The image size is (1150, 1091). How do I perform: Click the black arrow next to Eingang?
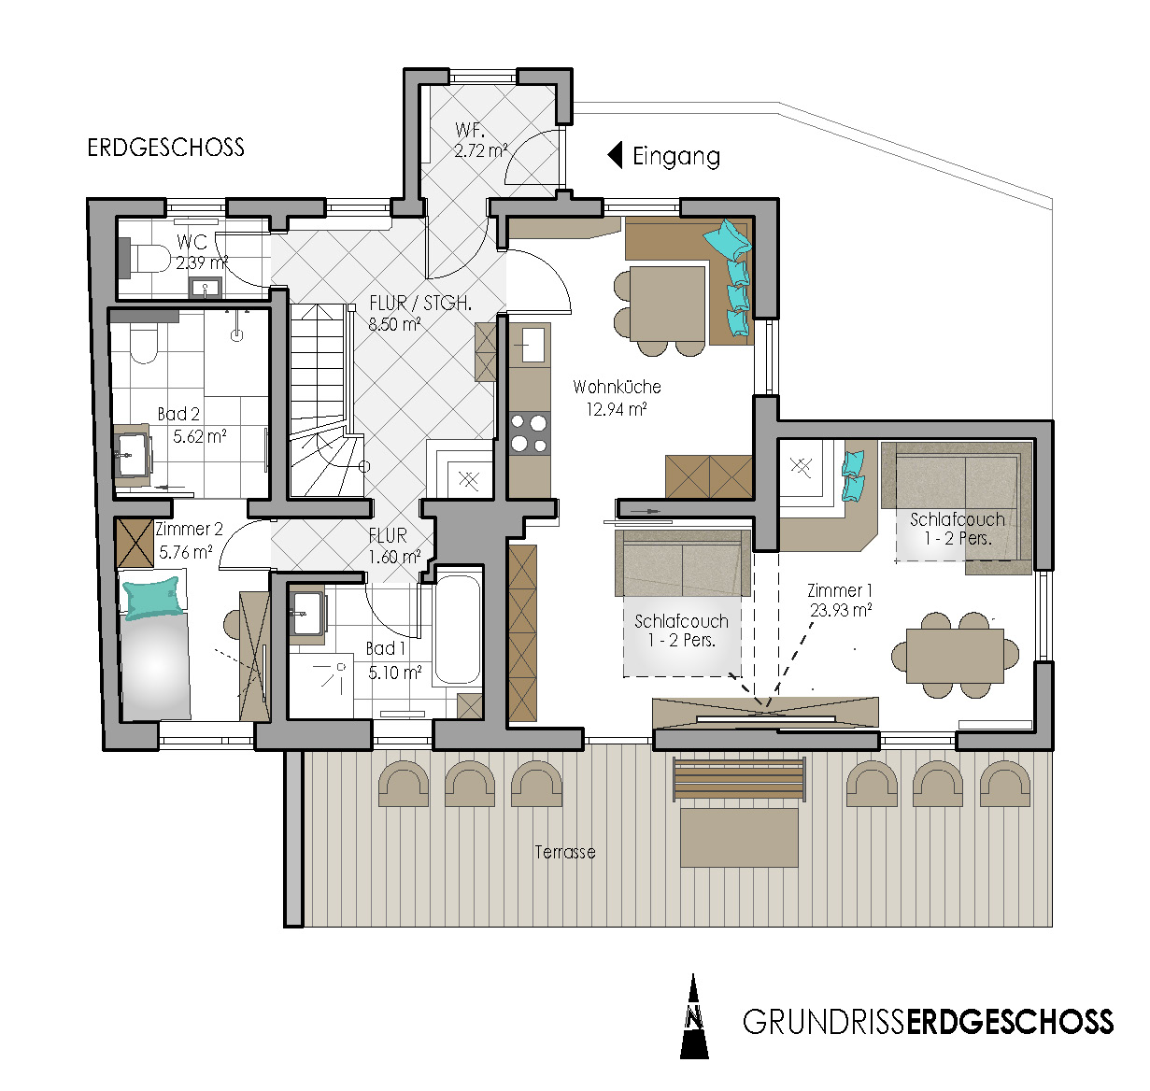pos(615,156)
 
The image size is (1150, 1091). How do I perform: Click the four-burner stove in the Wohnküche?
pos(529,432)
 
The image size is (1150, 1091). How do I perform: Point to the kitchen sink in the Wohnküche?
pos(533,345)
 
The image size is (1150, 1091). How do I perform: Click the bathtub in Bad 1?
pos(458,624)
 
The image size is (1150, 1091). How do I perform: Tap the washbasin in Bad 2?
pos(132,455)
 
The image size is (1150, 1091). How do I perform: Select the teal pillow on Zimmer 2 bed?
pos(152,597)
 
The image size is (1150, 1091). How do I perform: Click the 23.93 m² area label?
pos(841,611)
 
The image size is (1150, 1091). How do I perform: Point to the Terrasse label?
pos(565,852)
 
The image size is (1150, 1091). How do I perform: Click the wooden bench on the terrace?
pos(739,779)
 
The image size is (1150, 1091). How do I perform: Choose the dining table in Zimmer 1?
pos(955,656)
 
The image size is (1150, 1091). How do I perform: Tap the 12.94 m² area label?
pos(617,409)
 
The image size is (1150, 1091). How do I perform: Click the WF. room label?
pos(470,129)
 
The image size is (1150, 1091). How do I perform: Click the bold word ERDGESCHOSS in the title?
pos(1010,1022)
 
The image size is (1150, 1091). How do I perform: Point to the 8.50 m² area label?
pos(395,323)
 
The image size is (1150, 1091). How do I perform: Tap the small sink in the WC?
pos(205,288)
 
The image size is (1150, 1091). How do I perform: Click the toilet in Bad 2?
pos(143,346)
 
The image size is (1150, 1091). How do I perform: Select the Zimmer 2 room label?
pos(189,529)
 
